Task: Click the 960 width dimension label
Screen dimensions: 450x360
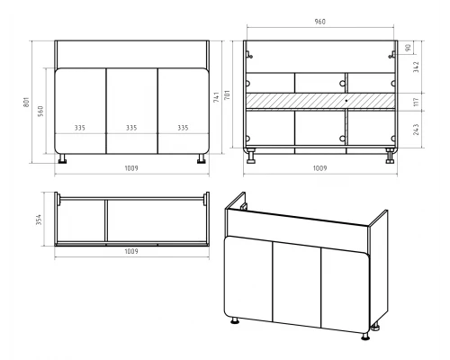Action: (x=319, y=22)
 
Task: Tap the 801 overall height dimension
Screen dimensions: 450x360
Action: (x=26, y=103)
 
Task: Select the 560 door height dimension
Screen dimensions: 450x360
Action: (x=40, y=111)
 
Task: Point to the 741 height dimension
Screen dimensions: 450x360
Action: (x=216, y=97)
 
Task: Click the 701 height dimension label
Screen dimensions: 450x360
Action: (x=228, y=94)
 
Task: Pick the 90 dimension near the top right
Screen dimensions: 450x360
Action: (x=408, y=48)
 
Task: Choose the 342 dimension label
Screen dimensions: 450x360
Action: (x=416, y=67)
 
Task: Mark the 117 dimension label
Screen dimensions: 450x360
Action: (x=416, y=102)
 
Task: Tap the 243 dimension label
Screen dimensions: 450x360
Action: (x=416, y=130)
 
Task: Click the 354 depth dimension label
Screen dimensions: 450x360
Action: (x=39, y=220)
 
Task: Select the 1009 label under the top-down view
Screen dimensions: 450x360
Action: (x=131, y=251)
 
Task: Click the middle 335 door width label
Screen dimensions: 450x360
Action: (x=131, y=128)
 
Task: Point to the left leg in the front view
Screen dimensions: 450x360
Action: (x=63, y=159)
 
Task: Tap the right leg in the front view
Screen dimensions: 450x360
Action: (x=201, y=159)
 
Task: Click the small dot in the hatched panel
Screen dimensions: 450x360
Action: (x=346, y=101)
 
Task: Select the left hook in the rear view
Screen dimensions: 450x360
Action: (x=249, y=55)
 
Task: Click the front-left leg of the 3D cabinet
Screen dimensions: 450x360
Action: (x=235, y=320)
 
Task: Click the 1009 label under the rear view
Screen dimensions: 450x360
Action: (x=319, y=168)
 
